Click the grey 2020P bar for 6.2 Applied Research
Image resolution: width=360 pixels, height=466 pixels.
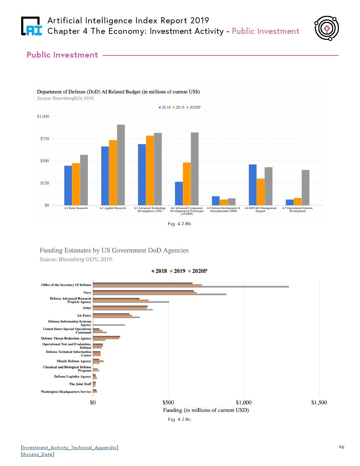pos(121,165)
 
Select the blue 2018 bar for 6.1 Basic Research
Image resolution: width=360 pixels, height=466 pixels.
pos(68,185)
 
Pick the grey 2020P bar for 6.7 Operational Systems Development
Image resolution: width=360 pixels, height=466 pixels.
pos(305,187)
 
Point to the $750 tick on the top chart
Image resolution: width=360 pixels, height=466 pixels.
pos(44,139)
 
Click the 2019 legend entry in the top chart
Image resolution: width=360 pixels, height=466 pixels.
pos(180,107)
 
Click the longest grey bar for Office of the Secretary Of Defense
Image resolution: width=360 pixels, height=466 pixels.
pos(191,287)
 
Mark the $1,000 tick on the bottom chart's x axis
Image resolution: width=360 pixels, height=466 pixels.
pos(244,402)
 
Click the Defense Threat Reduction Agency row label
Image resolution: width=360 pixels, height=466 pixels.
pos(66,339)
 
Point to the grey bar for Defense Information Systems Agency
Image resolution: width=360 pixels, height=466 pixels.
pos(109,325)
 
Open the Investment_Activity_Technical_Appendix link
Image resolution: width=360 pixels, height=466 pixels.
pos(70,448)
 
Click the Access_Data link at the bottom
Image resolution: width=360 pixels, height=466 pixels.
pos(37,454)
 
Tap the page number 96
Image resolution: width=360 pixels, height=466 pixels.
pos(341,447)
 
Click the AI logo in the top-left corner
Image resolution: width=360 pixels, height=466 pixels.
pos(31,26)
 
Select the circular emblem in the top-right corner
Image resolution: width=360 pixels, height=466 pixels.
pos(327,28)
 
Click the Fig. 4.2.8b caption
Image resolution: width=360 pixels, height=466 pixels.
pos(180,224)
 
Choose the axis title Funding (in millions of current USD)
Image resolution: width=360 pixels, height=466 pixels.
pos(206,410)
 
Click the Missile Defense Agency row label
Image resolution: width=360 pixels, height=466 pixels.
pos(74,361)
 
